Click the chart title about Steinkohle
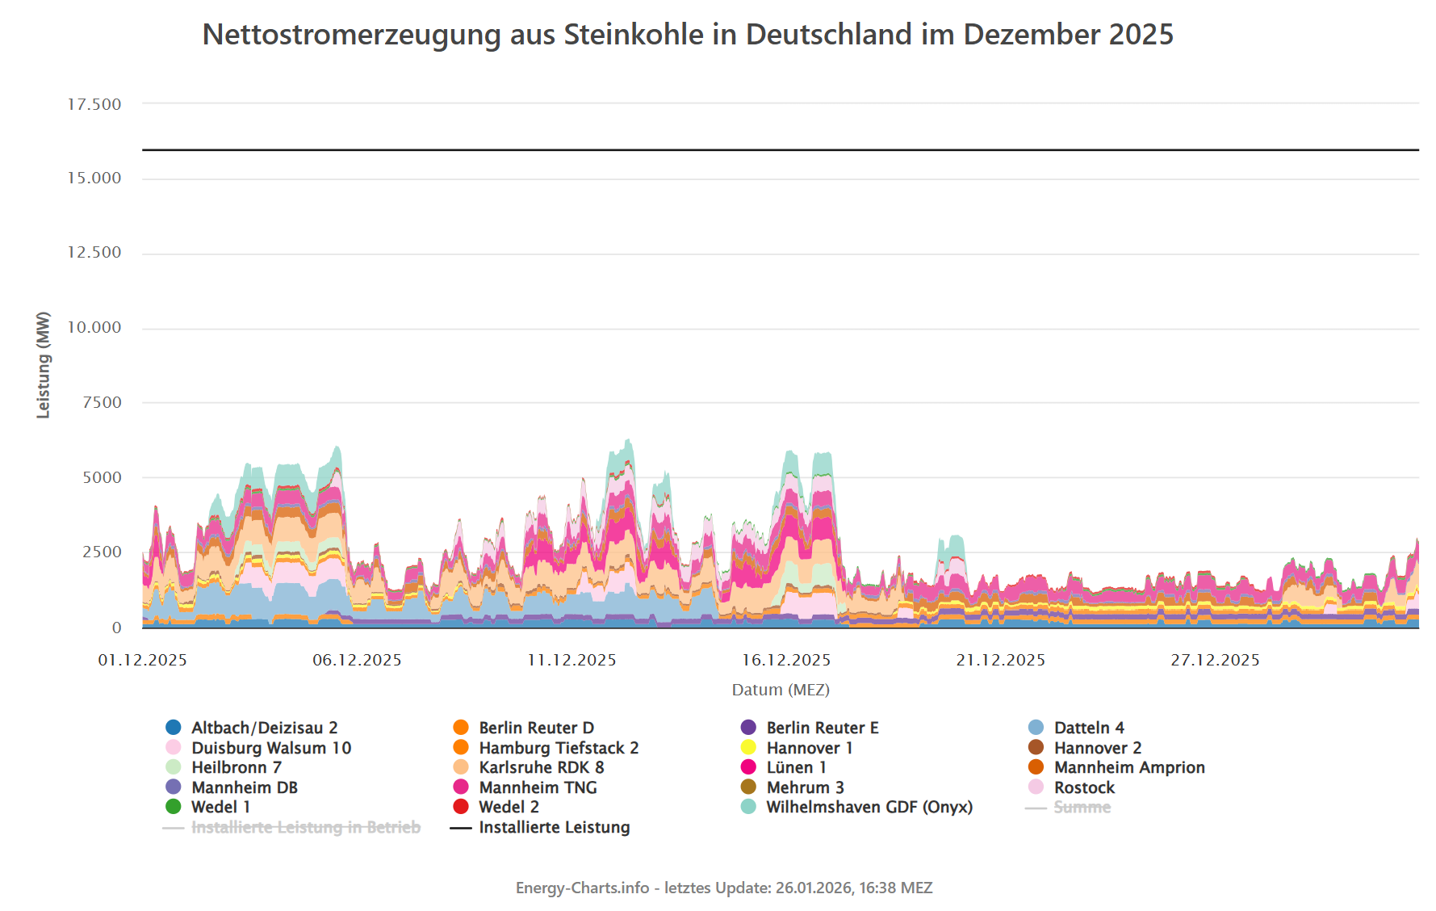click(687, 35)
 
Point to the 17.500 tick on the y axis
click(94, 104)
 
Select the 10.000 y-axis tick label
click(94, 327)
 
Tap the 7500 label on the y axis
click(103, 402)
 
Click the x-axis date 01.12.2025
click(143, 660)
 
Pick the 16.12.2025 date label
click(786, 660)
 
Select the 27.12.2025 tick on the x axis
click(1215, 660)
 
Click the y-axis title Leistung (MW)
click(44, 365)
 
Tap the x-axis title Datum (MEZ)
click(781, 690)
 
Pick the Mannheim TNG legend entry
click(538, 787)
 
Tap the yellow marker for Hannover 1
click(748, 748)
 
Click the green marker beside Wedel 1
click(174, 807)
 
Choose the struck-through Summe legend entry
click(1082, 807)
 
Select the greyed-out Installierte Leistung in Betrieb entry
click(305, 827)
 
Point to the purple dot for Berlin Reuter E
click(748, 728)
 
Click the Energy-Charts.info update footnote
click(724, 888)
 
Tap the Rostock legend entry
click(1083, 787)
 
